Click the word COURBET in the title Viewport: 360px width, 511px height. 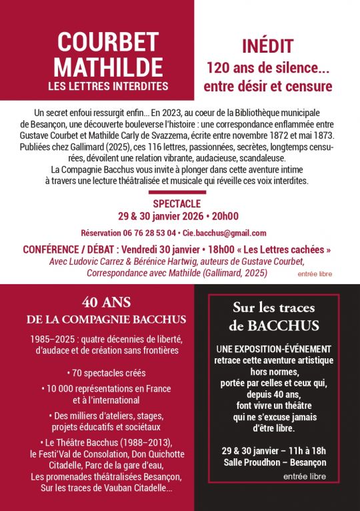tap(103, 42)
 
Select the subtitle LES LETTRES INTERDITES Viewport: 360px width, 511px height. tap(108, 86)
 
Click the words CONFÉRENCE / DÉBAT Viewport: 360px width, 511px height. tap(65, 249)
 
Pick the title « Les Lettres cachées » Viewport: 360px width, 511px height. tap(283, 249)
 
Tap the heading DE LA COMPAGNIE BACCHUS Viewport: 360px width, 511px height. tap(106, 319)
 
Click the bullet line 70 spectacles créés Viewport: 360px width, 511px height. tap(106, 373)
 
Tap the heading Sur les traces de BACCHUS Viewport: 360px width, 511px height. tap(275, 316)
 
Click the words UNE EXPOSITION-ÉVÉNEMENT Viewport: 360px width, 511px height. tap(274, 350)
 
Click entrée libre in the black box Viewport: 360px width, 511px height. tap(305, 476)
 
